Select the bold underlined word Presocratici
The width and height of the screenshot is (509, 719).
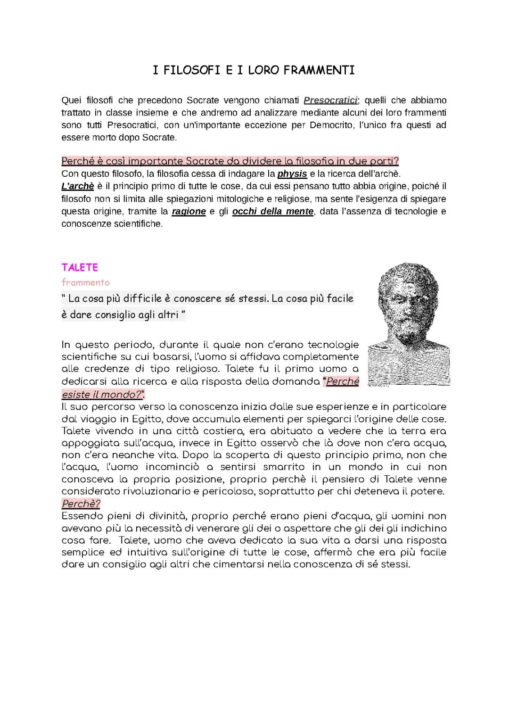tap(331, 100)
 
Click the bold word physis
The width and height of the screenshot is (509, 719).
tap(292, 174)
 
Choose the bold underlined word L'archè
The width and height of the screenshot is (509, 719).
tap(78, 186)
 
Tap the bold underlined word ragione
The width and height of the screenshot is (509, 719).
tap(189, 211)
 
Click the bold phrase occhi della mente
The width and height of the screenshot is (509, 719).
tap(273, 211)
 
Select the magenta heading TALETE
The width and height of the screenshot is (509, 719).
tap(80, 267)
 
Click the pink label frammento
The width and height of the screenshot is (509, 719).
tap(85, 282)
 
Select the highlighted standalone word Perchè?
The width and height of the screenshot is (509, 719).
tap(81, 504)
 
